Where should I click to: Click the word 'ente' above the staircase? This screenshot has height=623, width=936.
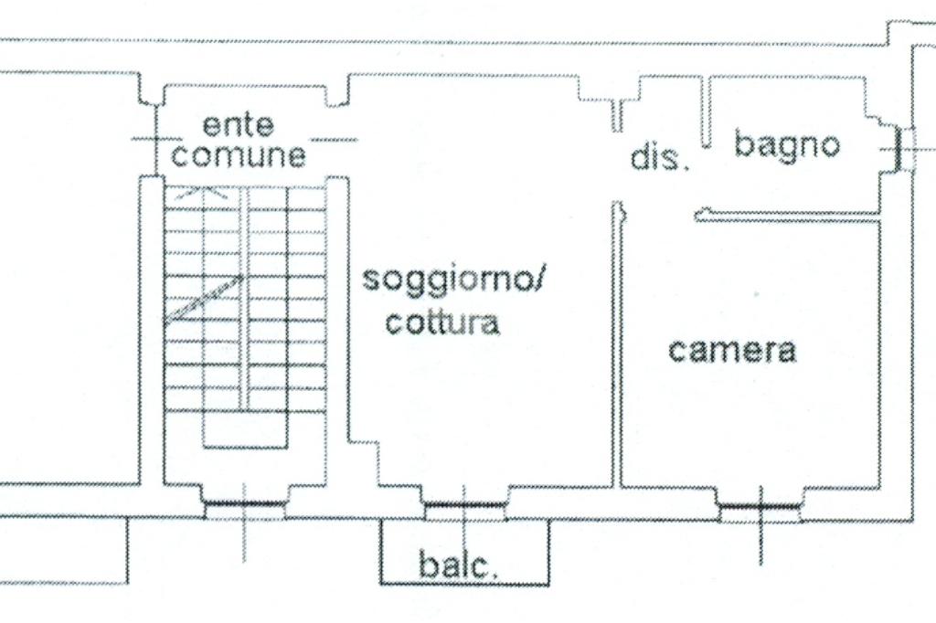[238, 124]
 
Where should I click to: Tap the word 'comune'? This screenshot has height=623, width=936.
[239, 155]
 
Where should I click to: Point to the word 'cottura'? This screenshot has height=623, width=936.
[442, 322]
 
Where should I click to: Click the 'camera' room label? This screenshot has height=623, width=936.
[731, 350]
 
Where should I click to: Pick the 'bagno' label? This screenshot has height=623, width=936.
[787, 144]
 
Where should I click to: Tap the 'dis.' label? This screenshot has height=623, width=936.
[659, 158]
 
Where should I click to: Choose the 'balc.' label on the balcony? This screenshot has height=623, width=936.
[459, 565]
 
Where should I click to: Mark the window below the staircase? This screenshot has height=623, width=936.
[244, 503]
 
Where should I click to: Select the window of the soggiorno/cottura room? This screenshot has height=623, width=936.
[464, 504]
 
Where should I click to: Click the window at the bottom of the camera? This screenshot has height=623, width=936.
[760, 505]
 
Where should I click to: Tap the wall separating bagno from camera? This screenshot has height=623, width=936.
[786, 216]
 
